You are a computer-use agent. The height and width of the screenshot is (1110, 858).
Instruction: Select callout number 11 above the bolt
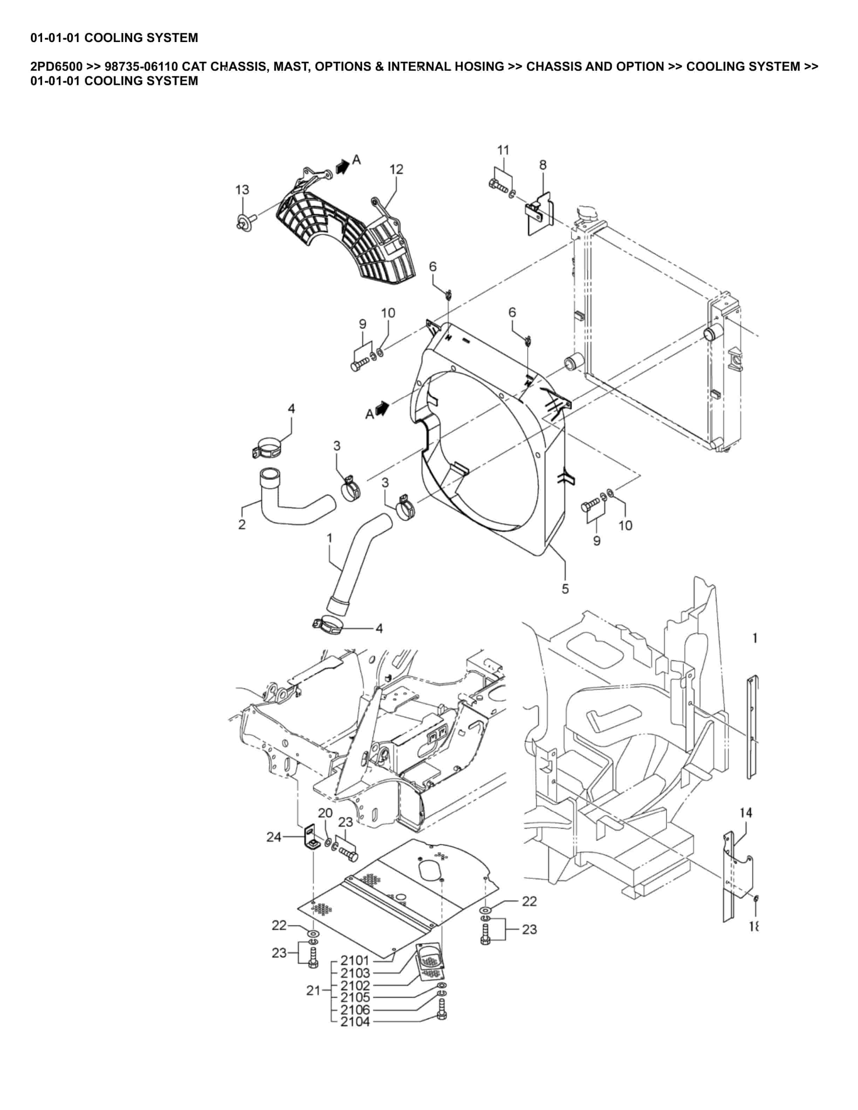503,150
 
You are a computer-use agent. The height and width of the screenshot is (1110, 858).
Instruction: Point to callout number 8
543,165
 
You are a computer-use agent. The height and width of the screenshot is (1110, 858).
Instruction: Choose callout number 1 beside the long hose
329,538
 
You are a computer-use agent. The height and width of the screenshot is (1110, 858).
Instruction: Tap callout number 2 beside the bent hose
242,525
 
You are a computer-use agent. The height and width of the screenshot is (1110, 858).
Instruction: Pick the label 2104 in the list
355,1022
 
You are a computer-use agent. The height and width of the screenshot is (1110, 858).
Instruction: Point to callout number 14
745,813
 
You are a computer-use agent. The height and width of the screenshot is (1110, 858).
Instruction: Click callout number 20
325,813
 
